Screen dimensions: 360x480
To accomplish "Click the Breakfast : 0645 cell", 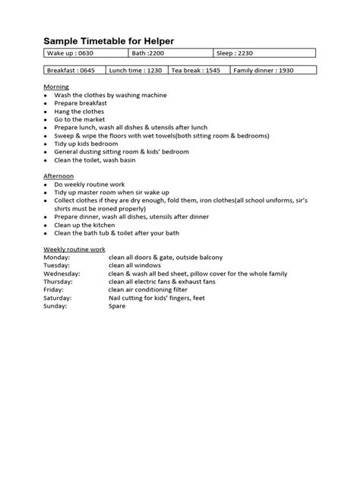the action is (73, 70).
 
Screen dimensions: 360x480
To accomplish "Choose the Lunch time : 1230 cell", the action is (136, 70).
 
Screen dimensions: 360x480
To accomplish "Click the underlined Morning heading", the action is (55, 87).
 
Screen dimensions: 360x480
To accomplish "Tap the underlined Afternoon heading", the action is (58, 175).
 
